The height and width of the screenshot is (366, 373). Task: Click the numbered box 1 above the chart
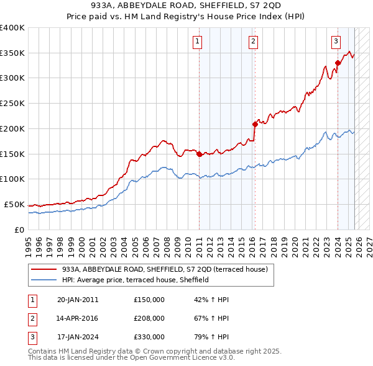pyautogui.click(x=197, y=42)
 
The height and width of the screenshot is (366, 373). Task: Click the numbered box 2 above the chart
pyautogui.click(x=254, y=42)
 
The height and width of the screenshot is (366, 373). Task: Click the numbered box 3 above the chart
pyautogui.click(x=336, y=42)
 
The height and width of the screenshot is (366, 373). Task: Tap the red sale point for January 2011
pyautogui.click(x=199, y=154)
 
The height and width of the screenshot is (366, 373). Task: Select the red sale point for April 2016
pyautogui.click(x=255, y=125)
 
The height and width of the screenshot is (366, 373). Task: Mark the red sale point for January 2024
pyautogui.click(x=338, y=63)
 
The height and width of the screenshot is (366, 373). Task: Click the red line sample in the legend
pyautogui.click(x=44, y=269)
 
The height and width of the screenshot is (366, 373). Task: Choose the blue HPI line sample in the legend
pyautogui.click(x=44, y=280)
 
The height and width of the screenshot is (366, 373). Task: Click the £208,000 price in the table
pyautogui.click(x=149, y=318)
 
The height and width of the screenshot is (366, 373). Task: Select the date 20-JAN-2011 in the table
pyautogui.click(x=78, y=300)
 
